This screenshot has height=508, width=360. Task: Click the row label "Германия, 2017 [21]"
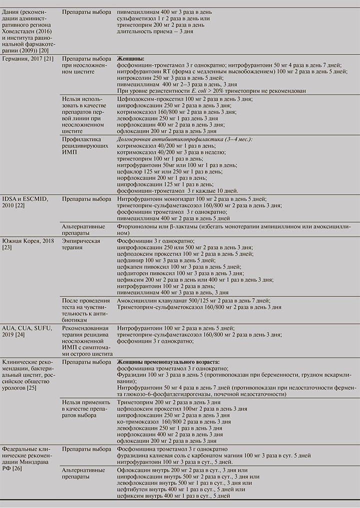(28, 58)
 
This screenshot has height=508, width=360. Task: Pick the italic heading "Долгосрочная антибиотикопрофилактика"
(184, 138)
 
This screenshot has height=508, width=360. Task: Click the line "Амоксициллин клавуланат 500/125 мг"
(193, 300)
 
